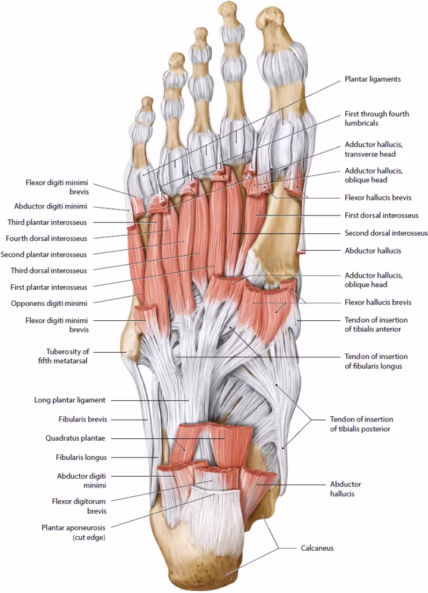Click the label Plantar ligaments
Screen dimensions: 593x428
click(x=372, y=79)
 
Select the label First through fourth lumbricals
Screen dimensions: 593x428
click(x=377, y=119)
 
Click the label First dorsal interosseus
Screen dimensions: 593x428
click(x=381, y=215)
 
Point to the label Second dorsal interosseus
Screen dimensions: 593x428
click(x=386, y=233)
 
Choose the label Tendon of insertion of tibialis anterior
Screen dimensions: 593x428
click(x=376, y=324)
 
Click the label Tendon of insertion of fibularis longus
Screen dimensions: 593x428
click(x=376, y=361)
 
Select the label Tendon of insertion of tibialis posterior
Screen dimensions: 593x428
click(x=361, y=424)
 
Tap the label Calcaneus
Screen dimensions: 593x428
click(x=317, y=547)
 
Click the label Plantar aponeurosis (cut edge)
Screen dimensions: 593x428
click(x=73, y=532)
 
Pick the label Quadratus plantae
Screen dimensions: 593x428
click(x=79, y=438)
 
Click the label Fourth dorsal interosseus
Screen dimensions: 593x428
click(x=46, y=238)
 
